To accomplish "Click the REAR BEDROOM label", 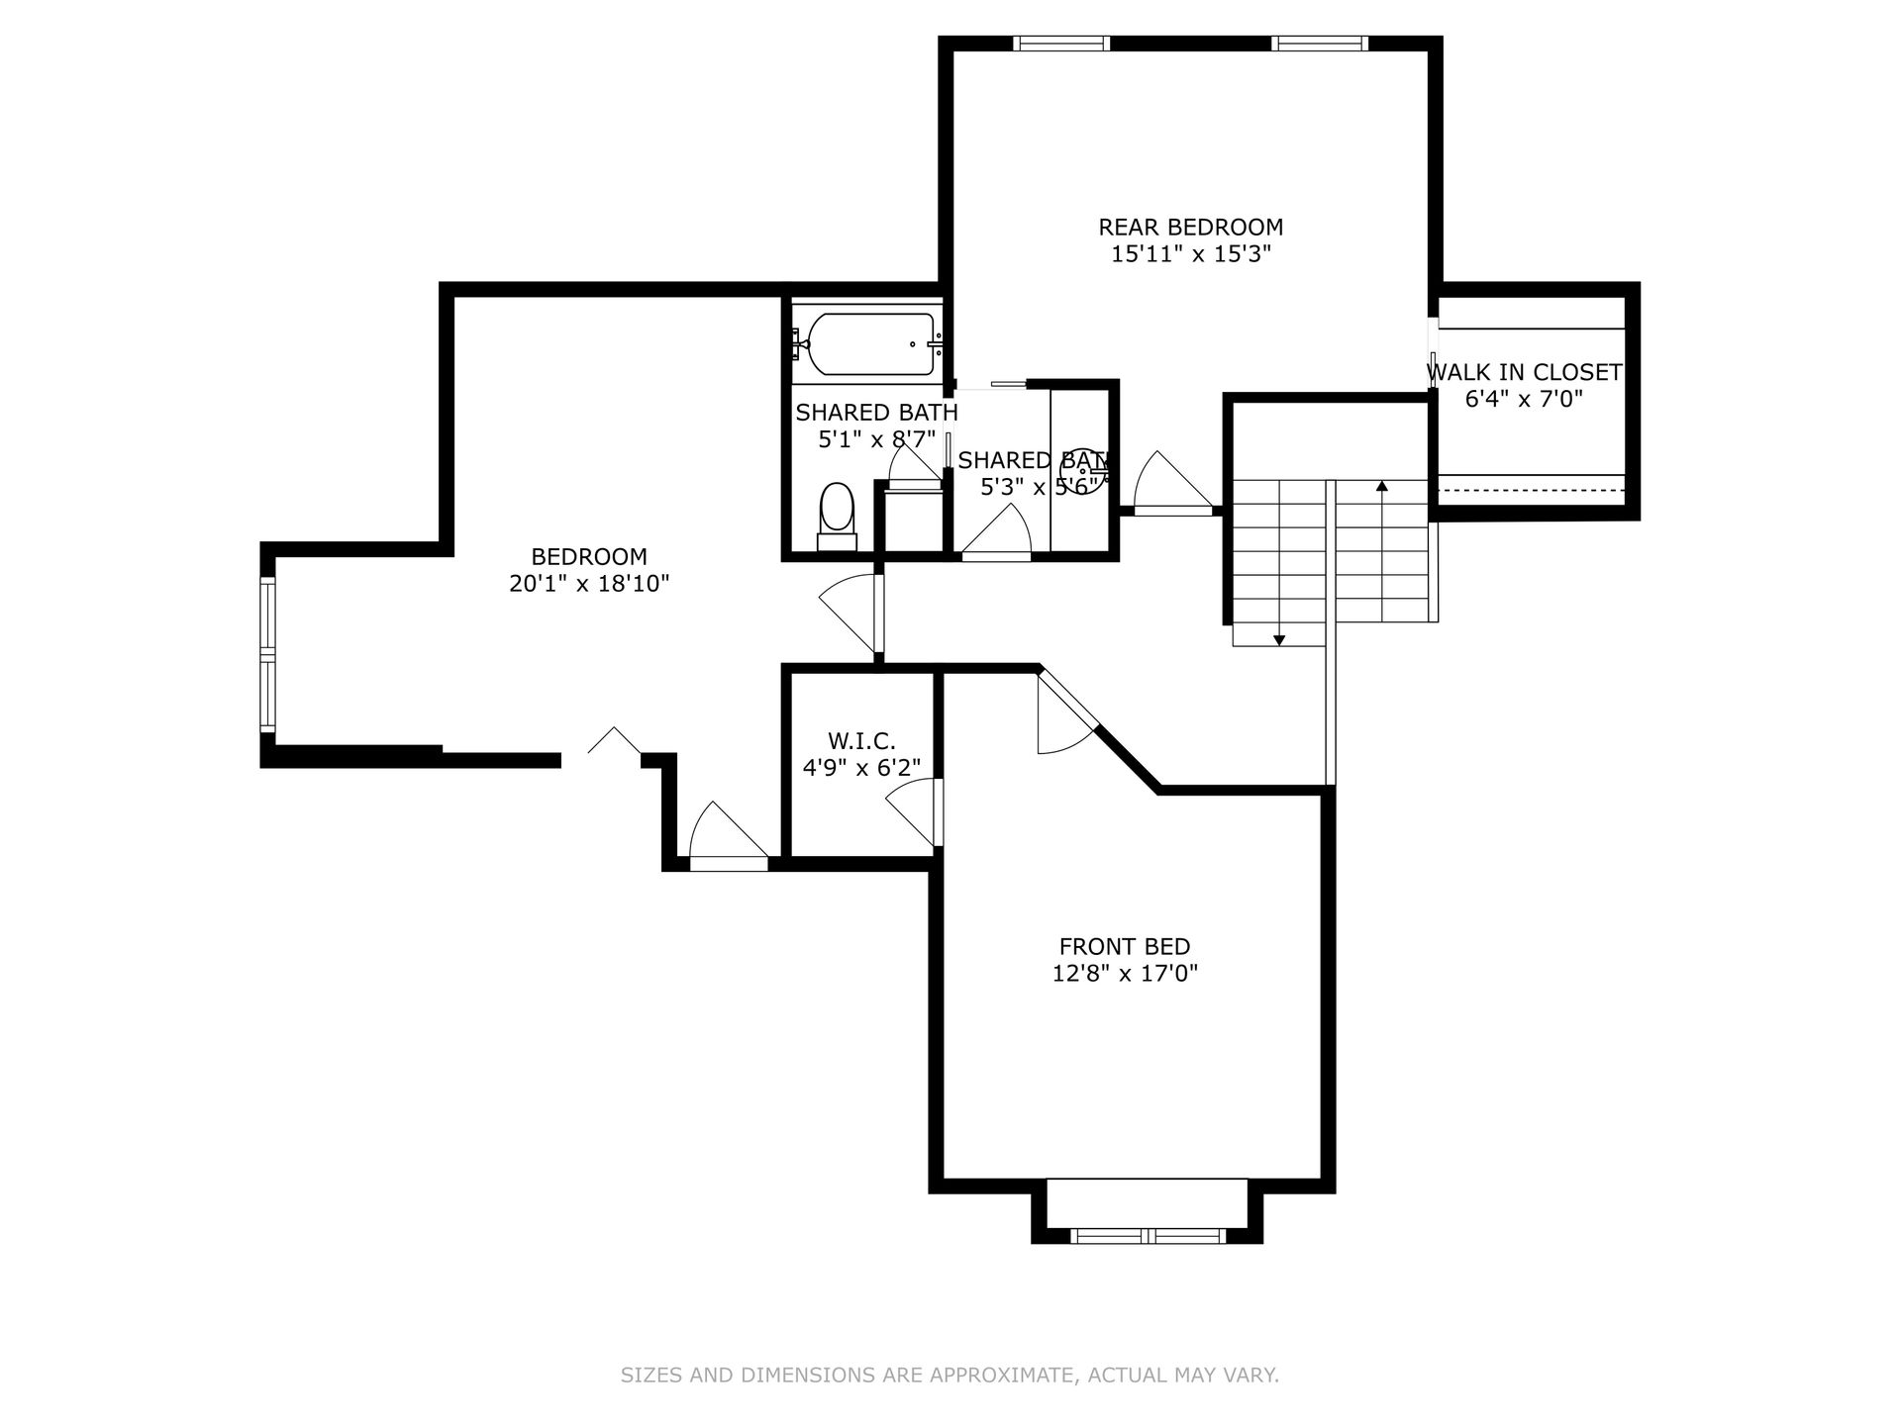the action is tap(1190, 227).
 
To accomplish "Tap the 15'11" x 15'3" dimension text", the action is tap(1190, 254).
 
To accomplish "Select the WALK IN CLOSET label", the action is tap(1524, 372).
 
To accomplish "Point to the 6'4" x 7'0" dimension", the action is tap(1524, 399).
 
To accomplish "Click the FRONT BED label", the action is tap(1125, 946).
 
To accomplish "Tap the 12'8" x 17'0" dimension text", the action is tap(1125, 974).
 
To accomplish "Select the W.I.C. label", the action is tap(861, 740).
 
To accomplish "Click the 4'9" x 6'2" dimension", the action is tap(861, 767).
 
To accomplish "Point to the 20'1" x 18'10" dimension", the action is tap(589, 584).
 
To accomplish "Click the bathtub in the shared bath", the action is tap(870, 344).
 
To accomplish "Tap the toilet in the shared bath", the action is tap(837, 516).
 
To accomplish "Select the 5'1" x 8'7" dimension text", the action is tap(876, 439).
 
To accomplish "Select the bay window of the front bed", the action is tap(1148, 1235).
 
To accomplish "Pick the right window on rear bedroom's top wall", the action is tap(1320, 43).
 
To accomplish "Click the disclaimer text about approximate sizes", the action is tap(950, 1375).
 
